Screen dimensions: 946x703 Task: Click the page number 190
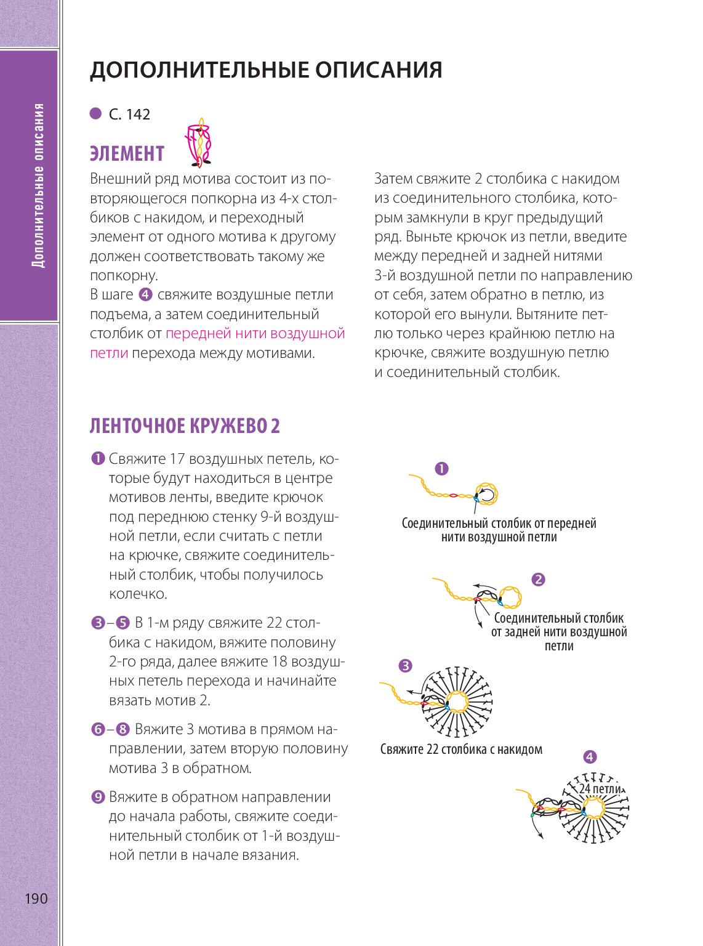36,899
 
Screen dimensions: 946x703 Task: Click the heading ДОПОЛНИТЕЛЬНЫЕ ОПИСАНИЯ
266,70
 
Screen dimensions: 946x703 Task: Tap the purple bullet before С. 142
95,114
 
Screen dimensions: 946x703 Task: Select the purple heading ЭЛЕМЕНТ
127,153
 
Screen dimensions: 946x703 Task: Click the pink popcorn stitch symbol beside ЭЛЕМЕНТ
200,144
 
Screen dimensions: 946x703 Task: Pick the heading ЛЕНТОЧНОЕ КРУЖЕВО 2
185,426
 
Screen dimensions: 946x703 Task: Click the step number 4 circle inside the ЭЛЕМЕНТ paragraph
146,295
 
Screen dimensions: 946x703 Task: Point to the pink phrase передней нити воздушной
255,334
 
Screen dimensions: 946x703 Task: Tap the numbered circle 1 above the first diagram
441,469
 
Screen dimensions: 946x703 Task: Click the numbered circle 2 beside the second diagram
538,580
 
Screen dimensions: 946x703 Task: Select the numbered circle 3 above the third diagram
405,666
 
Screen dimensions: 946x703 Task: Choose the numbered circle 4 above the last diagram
589,758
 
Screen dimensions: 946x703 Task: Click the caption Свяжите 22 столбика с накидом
461,750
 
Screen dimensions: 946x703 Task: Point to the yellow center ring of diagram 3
457,701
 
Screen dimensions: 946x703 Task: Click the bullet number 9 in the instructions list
97,798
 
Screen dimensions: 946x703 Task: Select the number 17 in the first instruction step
177,459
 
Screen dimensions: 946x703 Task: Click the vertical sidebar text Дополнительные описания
39,185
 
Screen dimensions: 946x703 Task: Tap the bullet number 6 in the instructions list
97,730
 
